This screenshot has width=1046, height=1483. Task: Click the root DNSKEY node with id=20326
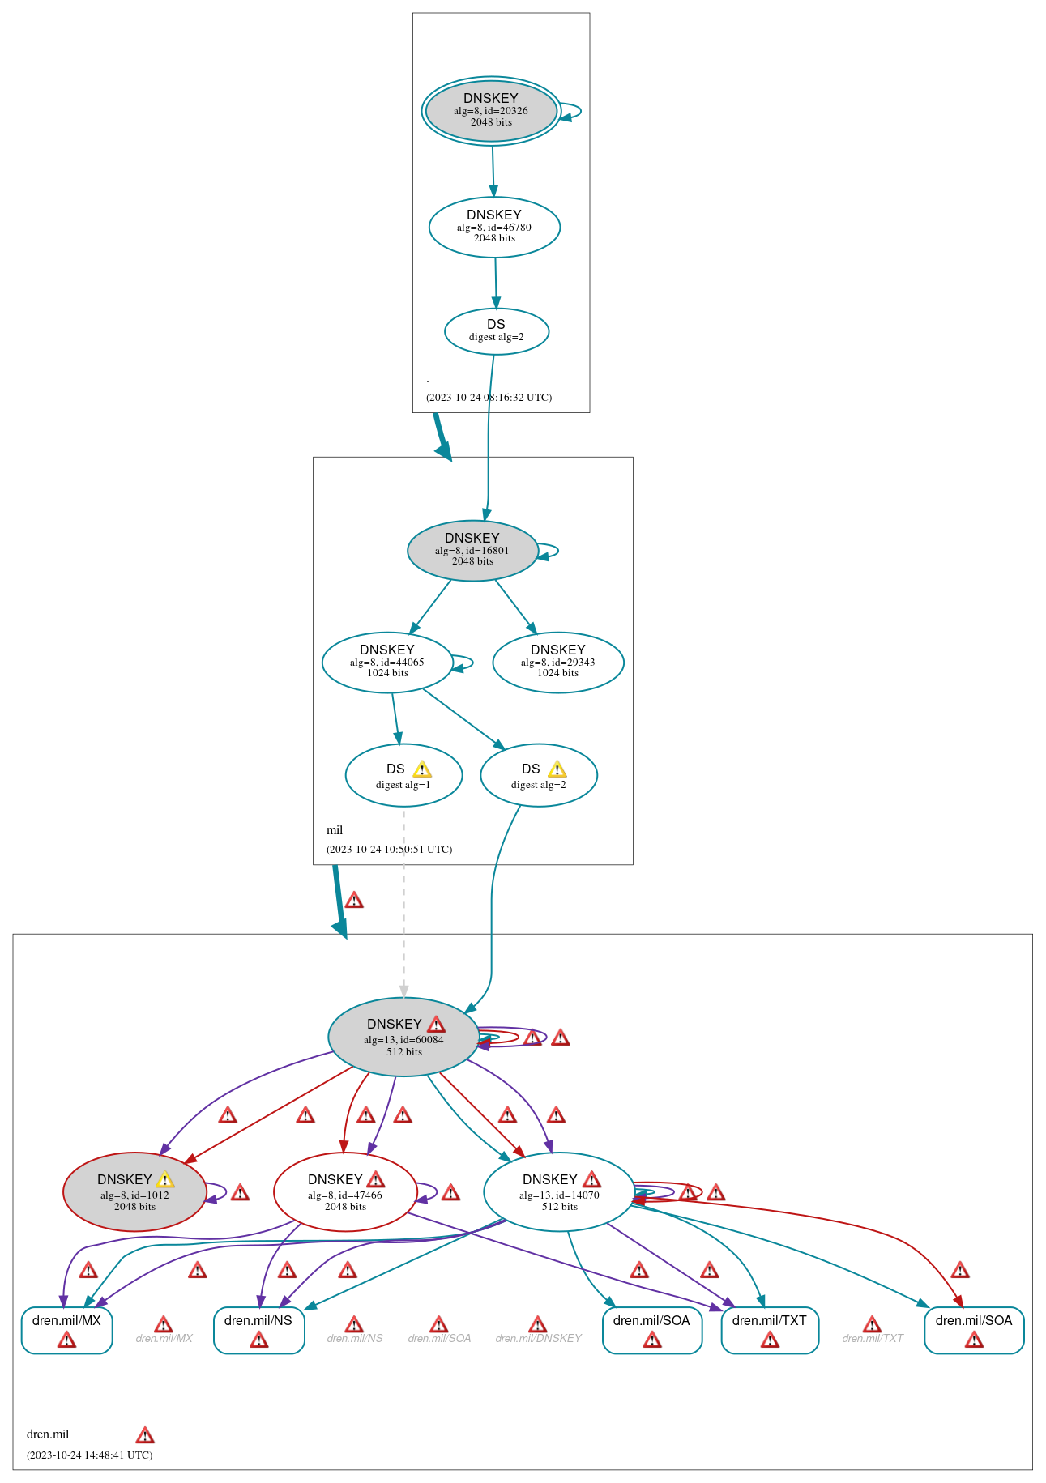(x=491, y=111)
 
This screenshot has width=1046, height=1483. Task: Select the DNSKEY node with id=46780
(x=494, y=228)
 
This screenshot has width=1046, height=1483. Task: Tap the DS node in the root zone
(x=497, y=331)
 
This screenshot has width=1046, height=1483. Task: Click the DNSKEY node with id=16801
(x=472, y=551)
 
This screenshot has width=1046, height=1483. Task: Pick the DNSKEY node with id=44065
(x=387, y=663)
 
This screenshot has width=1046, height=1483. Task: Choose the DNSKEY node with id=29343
(x=558, y=663)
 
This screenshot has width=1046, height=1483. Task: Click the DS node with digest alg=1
(x=403, y=775)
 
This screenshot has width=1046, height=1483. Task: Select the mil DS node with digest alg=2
(x=539, y=775)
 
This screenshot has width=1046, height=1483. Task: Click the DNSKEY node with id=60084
(x=403, y=1037)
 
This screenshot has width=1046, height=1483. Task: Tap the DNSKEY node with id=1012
(x=134, y=1192)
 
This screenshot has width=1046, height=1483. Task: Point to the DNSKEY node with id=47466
(x=345, y=1192)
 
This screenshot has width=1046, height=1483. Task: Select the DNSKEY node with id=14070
(x=559, y=1192)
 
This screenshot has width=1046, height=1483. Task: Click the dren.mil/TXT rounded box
(x=770, y=1330)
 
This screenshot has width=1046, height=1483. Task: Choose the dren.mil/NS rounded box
(x=258, y=1330)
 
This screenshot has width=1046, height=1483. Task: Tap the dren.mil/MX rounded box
(x=66, y=1330)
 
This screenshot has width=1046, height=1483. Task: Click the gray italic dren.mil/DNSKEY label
(x=538, y=1338)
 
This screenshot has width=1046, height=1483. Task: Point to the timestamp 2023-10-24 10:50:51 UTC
(x=389, y=850)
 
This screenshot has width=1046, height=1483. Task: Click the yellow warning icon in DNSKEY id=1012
(x=165, y=1180)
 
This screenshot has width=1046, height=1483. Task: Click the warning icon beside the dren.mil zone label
(x=145, y=1436)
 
